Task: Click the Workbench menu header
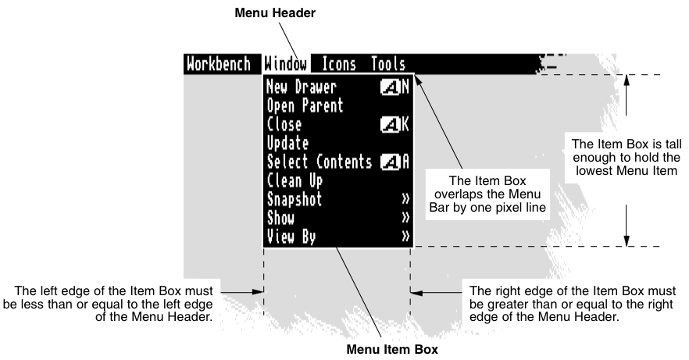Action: point(218,64)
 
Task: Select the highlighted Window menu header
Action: point(287,64)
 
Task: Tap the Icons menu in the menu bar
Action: point(339,64)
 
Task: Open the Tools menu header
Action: point(388,64)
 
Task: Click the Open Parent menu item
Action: point(305,105)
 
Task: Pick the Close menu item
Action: point(284,124)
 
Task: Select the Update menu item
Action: point(288,143)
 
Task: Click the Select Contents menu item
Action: point(319,162)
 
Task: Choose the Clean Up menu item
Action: point(295,180)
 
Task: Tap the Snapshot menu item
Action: point(295,199)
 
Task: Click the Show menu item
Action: point(280,218)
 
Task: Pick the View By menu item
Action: point(291,237)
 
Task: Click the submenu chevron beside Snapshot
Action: point(405,199)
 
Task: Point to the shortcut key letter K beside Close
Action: point(405,124)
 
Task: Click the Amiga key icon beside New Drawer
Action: point(390,87)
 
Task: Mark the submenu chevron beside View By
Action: point(405,237)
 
